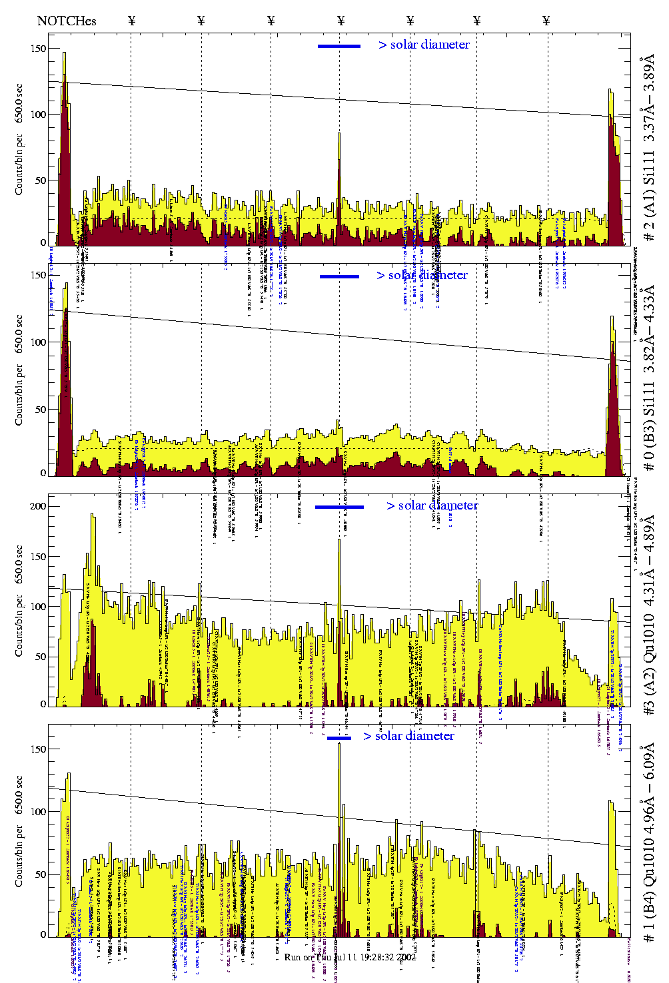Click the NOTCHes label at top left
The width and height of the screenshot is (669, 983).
tap(67, 21)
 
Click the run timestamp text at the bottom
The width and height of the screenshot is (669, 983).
tap(350, 957)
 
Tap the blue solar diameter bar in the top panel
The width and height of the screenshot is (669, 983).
tap(339, 46)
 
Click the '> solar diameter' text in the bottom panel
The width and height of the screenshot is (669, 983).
tap(409, 736)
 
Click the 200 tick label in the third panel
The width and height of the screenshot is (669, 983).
tap(39, 506)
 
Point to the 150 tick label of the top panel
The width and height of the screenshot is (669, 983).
tap(39, 49)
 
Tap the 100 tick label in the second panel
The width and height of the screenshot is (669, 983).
tap(39, 342)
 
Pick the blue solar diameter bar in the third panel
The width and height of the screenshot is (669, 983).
tap(339, 507)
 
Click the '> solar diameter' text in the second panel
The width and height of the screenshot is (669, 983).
tap(422, 275)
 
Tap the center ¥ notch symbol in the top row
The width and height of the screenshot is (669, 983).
tap(340, 21)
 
